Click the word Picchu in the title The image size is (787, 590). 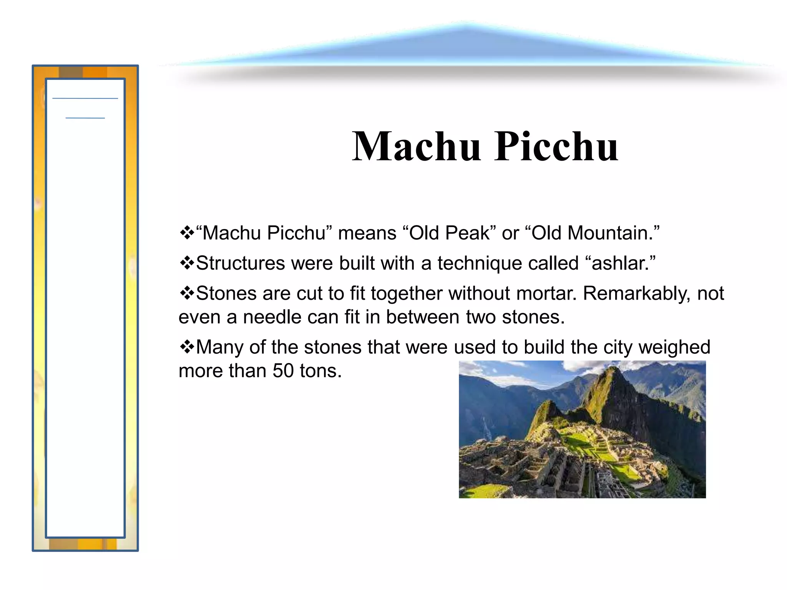[x=556, y=147]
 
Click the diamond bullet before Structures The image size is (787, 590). [x=187, y=264]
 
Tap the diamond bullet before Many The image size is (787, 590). [x=187, y=347]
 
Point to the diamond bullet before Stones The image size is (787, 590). [x=187, y=293]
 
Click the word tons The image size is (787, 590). [x=320, y=371]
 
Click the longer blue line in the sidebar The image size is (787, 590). [x=85, y=98]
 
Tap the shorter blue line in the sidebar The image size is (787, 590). [x=85, y=118]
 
